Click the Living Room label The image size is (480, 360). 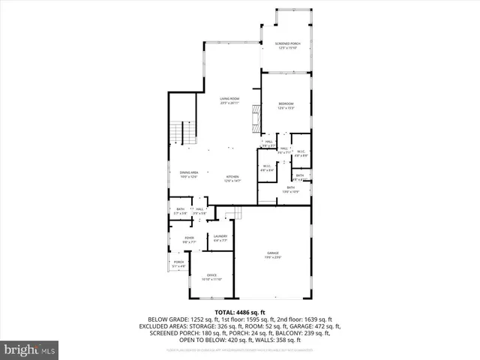click(229, 98)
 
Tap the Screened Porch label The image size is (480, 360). click(287, 44)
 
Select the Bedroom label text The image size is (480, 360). click(286, 103)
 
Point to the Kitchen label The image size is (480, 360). click(232, 177)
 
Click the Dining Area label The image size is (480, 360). click(188, 172)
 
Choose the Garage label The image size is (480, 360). click(271, 253)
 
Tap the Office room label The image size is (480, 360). click(211, 275)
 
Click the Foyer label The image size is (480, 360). click(189, 238)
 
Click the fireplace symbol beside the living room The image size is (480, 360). click(256, 118)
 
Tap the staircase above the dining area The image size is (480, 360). click(177, 134)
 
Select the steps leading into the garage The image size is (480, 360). click(234, 214)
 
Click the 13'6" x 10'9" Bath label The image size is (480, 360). click(290, 188)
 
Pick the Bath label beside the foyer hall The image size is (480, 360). click(180, 209)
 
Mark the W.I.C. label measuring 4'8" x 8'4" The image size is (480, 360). click(266, 166)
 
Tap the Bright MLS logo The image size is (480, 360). click(30, 349)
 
